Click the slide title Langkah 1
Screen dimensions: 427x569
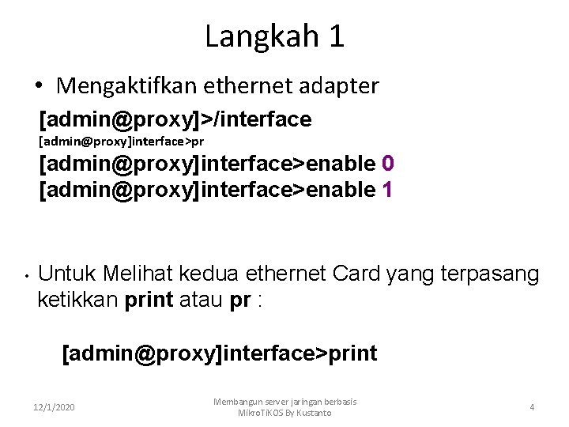pos(274,36)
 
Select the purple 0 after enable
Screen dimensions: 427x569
pos(388,164)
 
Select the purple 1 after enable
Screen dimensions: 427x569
pos(387,189)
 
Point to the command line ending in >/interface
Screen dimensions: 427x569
pos(175,119)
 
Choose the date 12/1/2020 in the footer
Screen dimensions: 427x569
pos(55,407)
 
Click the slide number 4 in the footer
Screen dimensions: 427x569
pos(532,407)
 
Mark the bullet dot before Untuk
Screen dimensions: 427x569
pos(26,277)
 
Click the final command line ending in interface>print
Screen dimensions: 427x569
pos(220,353)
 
